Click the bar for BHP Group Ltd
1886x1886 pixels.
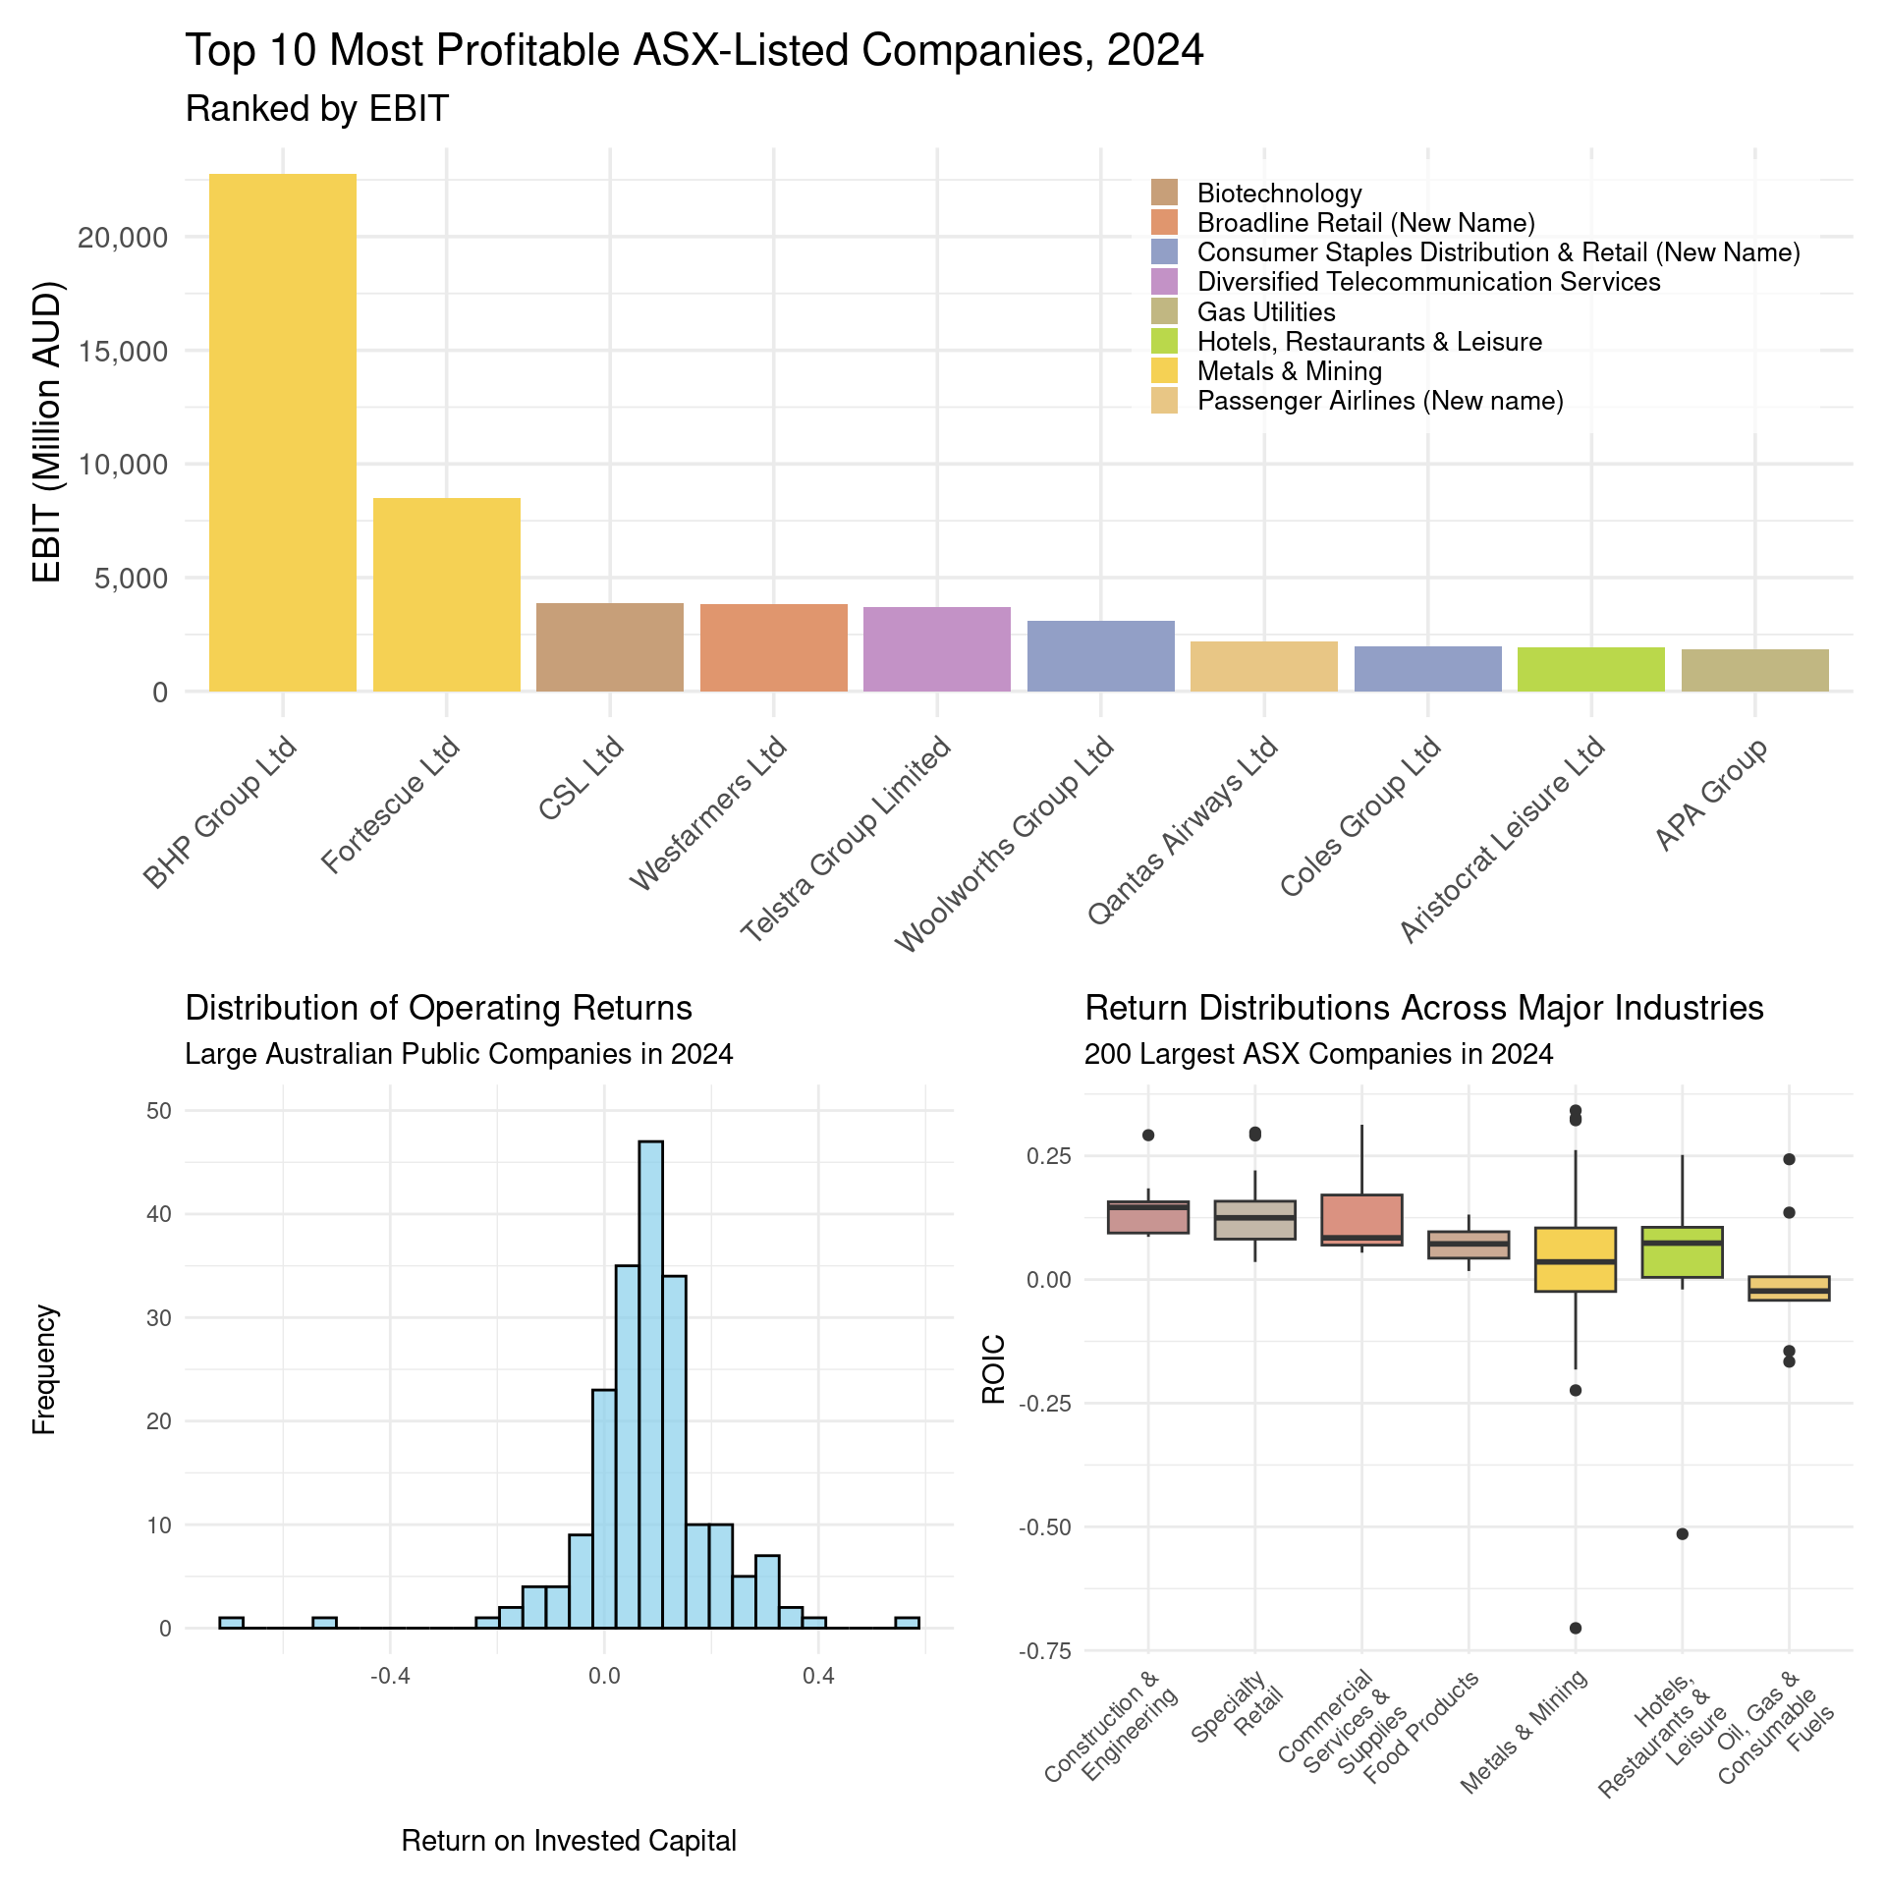(x=283, y=432)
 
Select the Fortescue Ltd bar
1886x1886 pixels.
(x=446, y=594)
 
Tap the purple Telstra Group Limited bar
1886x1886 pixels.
(x=936, y=649)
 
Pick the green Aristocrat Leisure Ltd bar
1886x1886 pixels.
(x=1590, y=669)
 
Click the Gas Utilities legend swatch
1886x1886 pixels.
(x=1164, y=312)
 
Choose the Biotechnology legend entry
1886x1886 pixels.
(x=1279, y=194)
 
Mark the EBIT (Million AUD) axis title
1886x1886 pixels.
(x=47, y=432)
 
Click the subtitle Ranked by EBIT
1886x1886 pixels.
(x=316, y=109)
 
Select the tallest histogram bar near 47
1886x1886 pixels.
(x=650, y=1384)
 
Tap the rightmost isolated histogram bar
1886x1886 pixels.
(x=907, y=1622)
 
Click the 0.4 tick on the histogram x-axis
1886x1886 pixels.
(x=817, y=1676)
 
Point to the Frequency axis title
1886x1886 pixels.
(x=45, y=1369)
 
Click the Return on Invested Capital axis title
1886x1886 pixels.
(x=569, y=1841)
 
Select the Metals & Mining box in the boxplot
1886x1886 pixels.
(x=1575, y=1259)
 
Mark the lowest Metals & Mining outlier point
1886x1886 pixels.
(x=1575, y=1628)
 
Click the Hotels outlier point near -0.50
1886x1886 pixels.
(x=1682, y=1534)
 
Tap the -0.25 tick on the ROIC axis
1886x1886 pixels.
(x=1044, y=1403)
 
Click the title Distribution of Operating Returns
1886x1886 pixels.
(x=438, y=1008)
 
